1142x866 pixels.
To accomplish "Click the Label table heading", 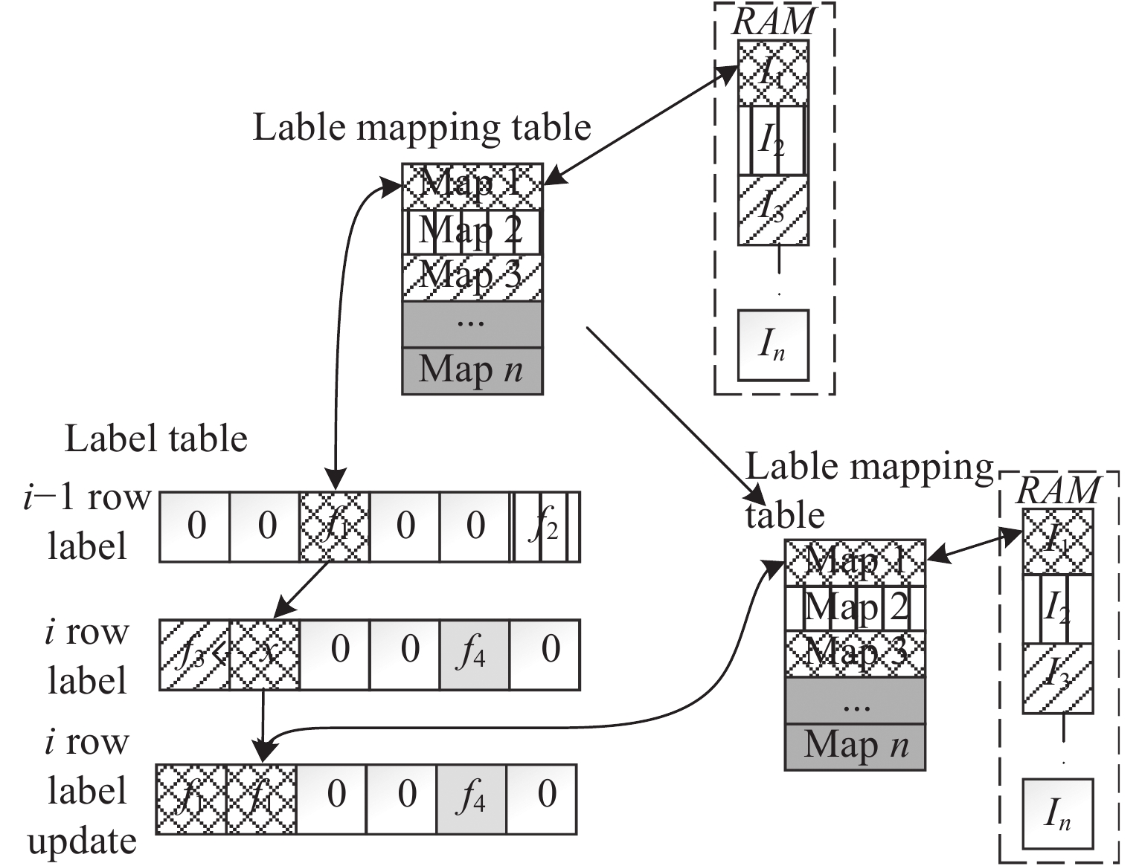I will click(155, 439).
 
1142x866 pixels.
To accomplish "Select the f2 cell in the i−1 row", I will click(545, 526).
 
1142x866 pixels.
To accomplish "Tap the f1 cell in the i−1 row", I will click(334, 526).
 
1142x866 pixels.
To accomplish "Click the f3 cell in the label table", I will click(194, 655).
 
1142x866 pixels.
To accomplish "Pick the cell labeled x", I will click(265, 655).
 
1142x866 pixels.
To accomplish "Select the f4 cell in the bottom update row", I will click(471, 799).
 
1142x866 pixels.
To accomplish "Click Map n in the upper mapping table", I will click(472, 370).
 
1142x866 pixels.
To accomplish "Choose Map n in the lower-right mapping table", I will click(856, 746).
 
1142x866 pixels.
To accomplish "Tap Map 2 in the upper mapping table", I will click(472, 231).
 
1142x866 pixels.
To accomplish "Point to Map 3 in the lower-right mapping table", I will click(856, 653).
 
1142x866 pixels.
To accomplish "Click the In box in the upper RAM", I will click(772, 346).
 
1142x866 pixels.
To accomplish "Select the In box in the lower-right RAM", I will click(1057, 814).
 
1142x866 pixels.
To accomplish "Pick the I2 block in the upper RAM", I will click(772, 140).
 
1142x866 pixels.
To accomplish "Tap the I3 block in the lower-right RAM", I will click(1057, 678).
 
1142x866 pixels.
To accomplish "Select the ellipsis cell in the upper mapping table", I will click(472, 323).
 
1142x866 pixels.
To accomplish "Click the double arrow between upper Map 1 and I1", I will click(640, 123).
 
